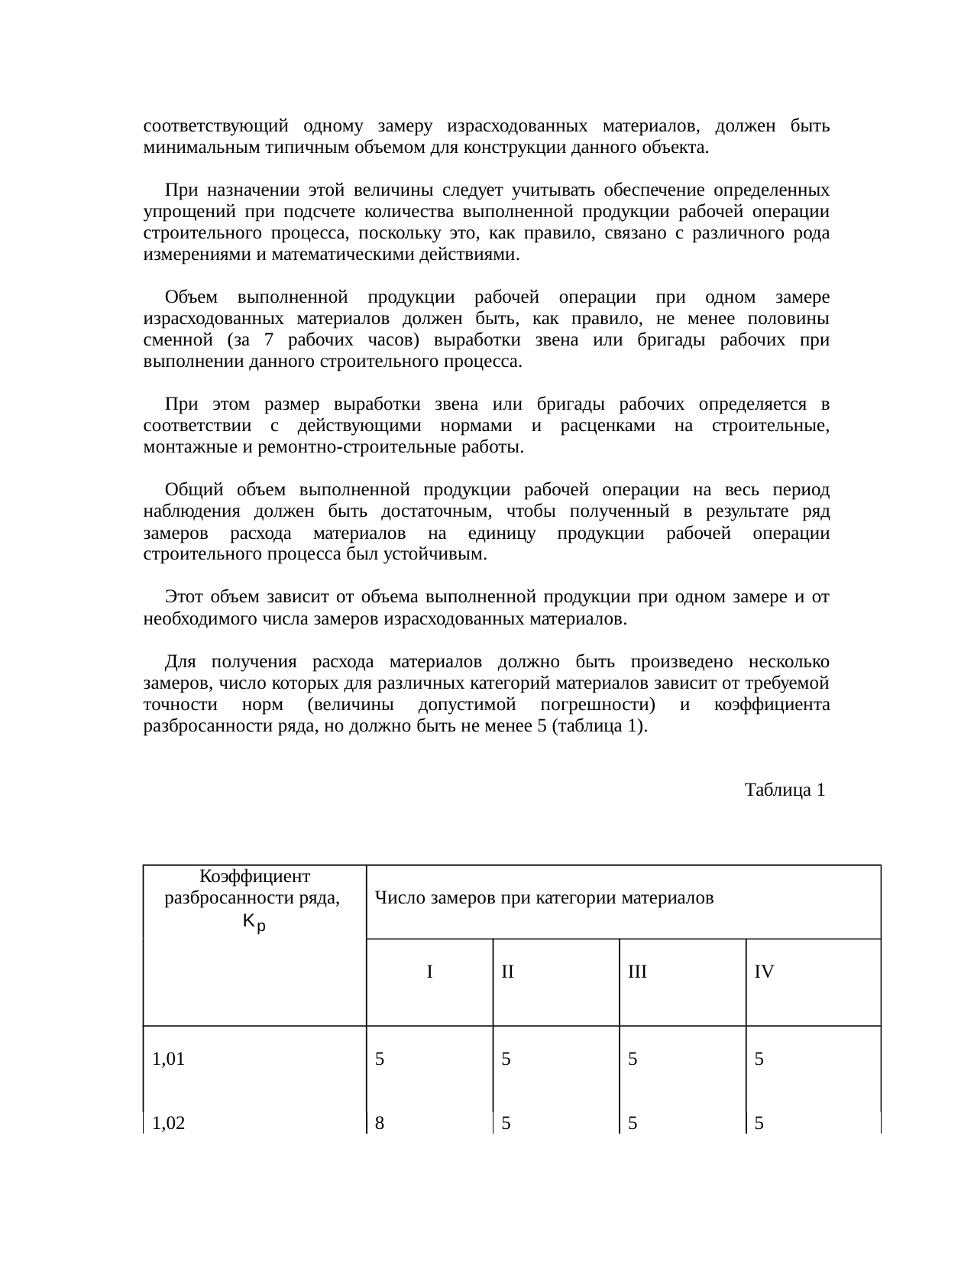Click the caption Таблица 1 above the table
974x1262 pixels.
(x=784, y=790)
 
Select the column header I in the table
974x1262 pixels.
(x=430, y=972)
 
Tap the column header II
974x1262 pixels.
(x=507, y=972)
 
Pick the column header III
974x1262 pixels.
(x=637, y=972)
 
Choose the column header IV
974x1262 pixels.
(x=764, y=972)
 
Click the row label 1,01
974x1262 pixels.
(x=169, y=1059)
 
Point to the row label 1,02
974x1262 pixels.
(x=169, y=1123)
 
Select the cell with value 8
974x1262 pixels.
(x=380, y=1123)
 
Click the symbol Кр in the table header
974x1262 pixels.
(x=254, y=923)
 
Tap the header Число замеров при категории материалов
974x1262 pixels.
(x=545, y=898)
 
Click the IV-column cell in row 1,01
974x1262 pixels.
(x=759, y=1059)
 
